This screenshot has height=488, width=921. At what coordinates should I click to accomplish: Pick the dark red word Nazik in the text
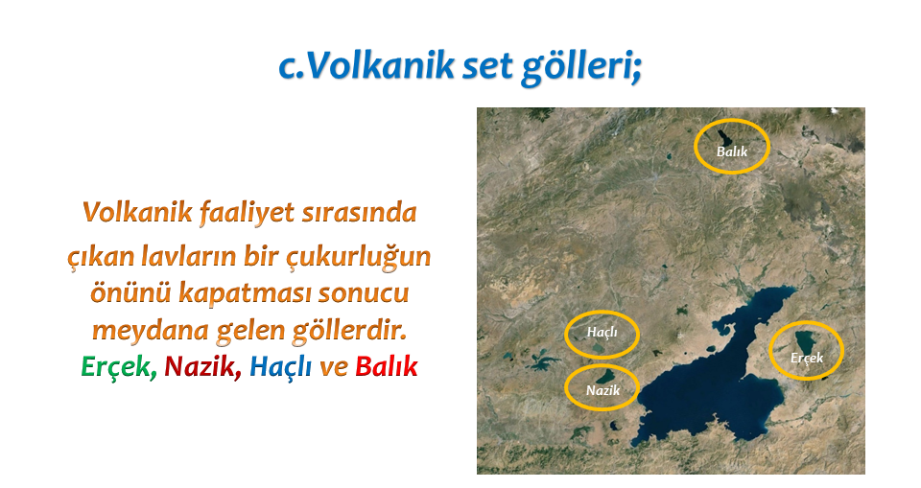tap(201, 366)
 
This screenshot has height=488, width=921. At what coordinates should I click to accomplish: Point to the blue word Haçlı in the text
tap(281, 367)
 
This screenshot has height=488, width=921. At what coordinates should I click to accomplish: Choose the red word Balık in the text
tap(387, 366)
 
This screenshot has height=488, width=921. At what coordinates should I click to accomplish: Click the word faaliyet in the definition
tap(247, 213)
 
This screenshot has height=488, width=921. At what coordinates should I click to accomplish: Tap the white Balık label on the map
tap(732, 151)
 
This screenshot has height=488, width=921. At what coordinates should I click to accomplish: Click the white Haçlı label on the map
tap(602, 333)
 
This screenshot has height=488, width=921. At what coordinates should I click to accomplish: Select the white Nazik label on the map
tap(602, 390)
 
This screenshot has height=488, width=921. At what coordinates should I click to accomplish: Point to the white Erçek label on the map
tap(807, 358)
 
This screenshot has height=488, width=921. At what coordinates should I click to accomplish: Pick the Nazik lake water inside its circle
tap(604, 376)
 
